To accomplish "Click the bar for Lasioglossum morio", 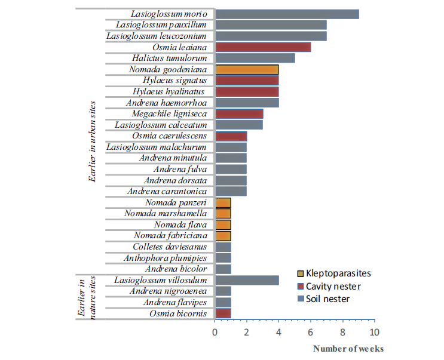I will (287, 14).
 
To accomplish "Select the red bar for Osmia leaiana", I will (263, 47).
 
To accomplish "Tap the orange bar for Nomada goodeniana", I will (247, 69).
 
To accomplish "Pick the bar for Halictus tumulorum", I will (255, 58).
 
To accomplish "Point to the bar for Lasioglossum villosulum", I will (247, 280).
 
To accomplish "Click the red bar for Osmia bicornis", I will (223, 313).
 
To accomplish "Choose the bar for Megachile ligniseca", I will (239, 113).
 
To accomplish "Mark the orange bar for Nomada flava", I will (223, 224).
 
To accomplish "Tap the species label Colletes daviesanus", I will (170, 247).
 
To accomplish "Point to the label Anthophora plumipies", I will (166, 258).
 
